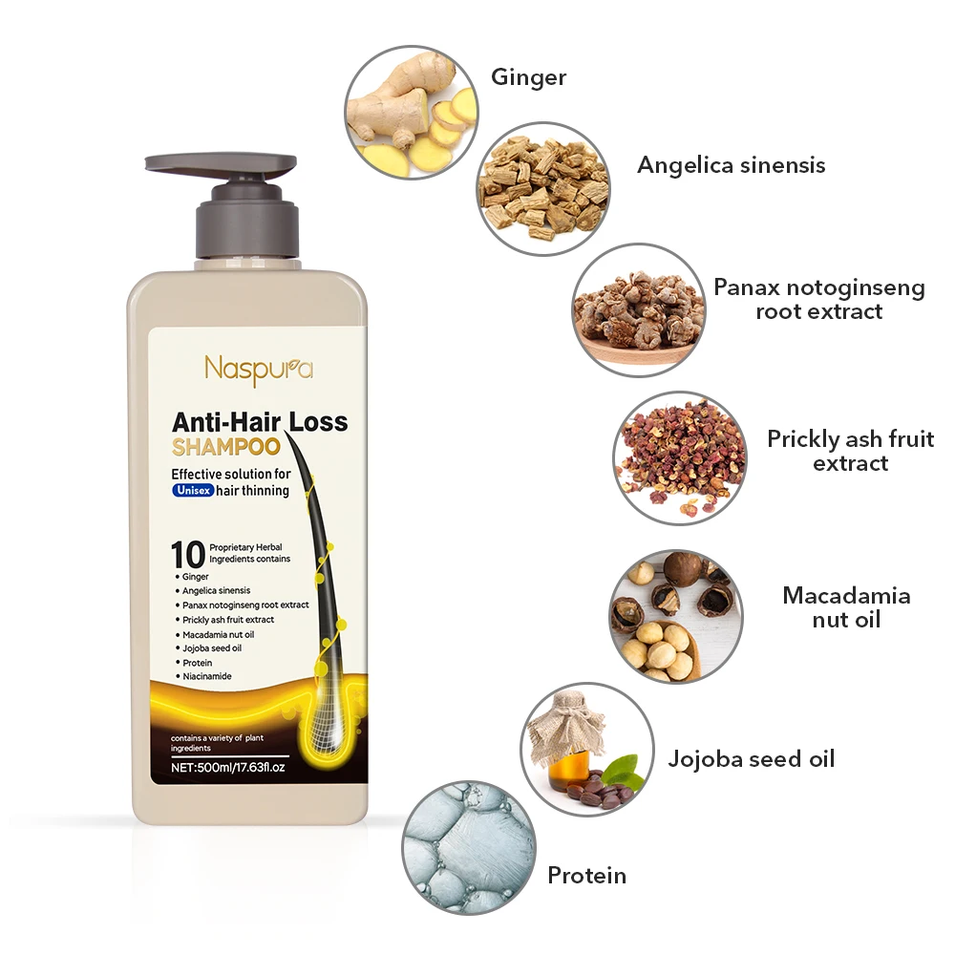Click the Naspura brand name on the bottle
[258, 369]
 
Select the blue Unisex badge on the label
[193, 490]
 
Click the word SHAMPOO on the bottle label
[225, 447]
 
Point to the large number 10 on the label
[188, 554]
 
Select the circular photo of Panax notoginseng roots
[639, 309]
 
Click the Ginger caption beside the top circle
[528, 77]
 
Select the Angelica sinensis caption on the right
[731, 165]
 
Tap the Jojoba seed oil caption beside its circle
[751, 759]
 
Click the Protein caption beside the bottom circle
[586, 875]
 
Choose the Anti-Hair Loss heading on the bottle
[260, 421]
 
